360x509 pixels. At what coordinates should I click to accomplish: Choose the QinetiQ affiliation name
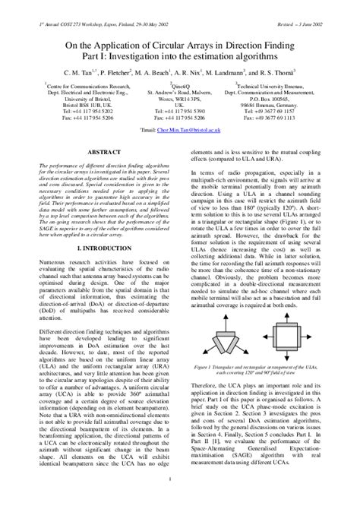click(x=182, y=87)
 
